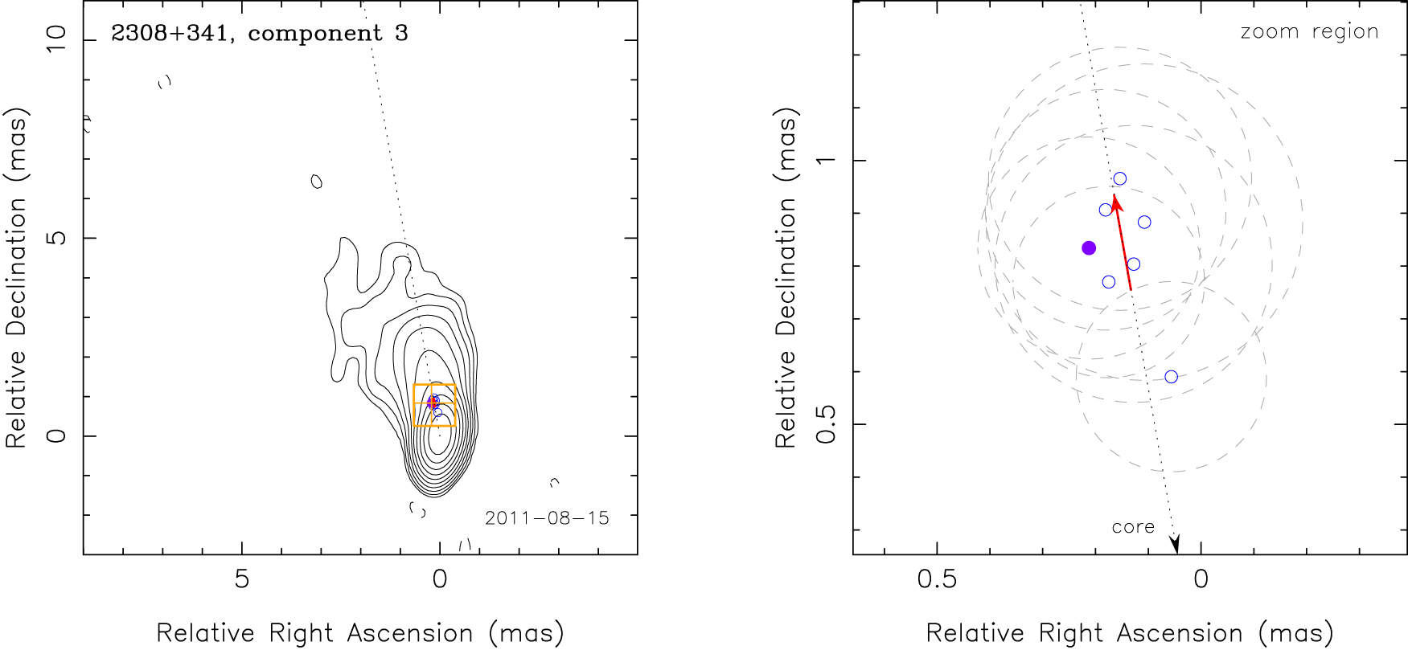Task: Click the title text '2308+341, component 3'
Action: (x=259, y=34)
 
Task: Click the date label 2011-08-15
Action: (x=547, y=518)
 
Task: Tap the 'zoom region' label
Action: (x=1309, y=32)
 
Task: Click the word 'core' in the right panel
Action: (x=1133, y=527)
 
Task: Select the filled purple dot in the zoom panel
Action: (x=1089, y=248)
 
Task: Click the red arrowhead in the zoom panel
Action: (x=1115, y=201)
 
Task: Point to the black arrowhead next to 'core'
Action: (x=1175, y=545)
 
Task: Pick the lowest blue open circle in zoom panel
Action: (x=1171, y=377)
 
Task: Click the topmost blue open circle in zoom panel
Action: (x=1119, y=179)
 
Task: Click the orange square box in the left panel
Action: (x=434, y=405)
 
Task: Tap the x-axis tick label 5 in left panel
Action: (x=242, y=579)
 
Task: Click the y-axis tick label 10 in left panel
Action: (x=57, y=39)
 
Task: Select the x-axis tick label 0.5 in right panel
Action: (x=937, y=579)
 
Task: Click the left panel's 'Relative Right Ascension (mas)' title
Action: (x=359, y=633)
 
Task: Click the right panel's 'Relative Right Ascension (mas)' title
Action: (x=1130, y=633)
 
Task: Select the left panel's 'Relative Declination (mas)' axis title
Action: (x=16, y=278)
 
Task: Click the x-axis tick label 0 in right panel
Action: (x=1201, y=579)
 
